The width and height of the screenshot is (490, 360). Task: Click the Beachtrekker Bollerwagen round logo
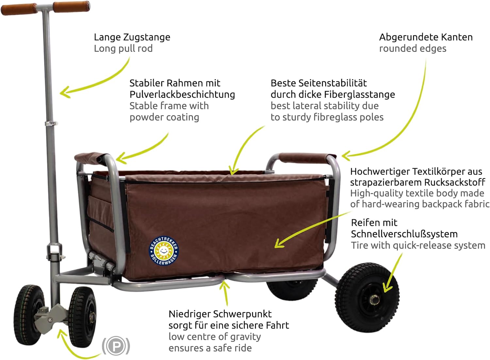164,251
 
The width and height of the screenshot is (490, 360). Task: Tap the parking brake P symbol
116,346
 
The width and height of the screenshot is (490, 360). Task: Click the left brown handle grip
19,9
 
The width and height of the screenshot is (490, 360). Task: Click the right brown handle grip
72,7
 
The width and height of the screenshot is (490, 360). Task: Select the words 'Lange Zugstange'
132,37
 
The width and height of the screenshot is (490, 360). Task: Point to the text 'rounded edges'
413,49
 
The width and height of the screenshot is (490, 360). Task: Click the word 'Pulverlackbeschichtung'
182,94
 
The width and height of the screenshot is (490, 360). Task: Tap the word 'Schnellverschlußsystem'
404,234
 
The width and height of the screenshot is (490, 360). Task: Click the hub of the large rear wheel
374,300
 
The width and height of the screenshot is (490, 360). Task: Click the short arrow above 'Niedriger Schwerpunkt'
225,292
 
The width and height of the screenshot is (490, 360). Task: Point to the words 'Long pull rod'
123,49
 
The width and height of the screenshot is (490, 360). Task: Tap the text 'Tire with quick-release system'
418,245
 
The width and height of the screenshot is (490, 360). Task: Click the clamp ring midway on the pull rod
51,123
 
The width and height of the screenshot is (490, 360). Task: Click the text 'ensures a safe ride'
210,348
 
